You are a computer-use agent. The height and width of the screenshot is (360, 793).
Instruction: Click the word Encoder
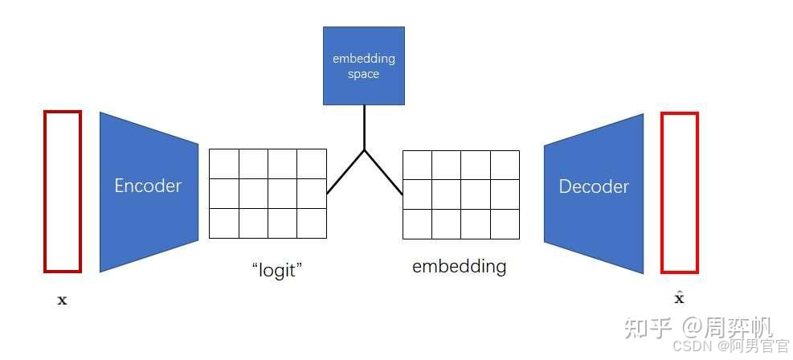pos(148,186)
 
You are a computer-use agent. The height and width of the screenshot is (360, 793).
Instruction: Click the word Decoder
pos(594,186)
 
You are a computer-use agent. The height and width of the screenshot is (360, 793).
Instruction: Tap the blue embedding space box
pos(363,66)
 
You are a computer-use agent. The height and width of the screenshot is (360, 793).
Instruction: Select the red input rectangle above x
pos(63,191)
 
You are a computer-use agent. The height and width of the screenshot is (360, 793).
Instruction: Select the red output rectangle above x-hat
pos(679,193)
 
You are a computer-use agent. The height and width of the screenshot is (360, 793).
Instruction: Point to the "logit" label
pos(275,269)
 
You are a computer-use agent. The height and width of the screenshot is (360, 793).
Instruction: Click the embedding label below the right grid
pos(459,266)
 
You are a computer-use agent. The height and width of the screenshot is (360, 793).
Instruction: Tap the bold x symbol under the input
pos(63,301)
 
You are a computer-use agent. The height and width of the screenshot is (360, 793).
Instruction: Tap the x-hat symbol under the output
pos(679,298)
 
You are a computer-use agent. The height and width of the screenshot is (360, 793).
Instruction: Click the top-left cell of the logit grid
pos(224,164)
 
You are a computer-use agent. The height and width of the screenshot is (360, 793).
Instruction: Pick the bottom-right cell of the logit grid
pos(312,223)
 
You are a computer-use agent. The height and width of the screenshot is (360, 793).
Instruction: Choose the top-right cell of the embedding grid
pos(505,165)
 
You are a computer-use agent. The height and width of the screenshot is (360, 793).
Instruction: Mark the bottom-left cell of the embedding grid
pos(417,223)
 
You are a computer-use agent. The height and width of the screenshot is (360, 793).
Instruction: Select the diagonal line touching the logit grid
pos(345,172)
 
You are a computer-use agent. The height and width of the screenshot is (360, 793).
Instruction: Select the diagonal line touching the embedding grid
pos(383,172)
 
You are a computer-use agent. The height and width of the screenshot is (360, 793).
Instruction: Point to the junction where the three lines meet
pos(364,150)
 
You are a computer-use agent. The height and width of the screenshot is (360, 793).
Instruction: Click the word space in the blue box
pos(363,74)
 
